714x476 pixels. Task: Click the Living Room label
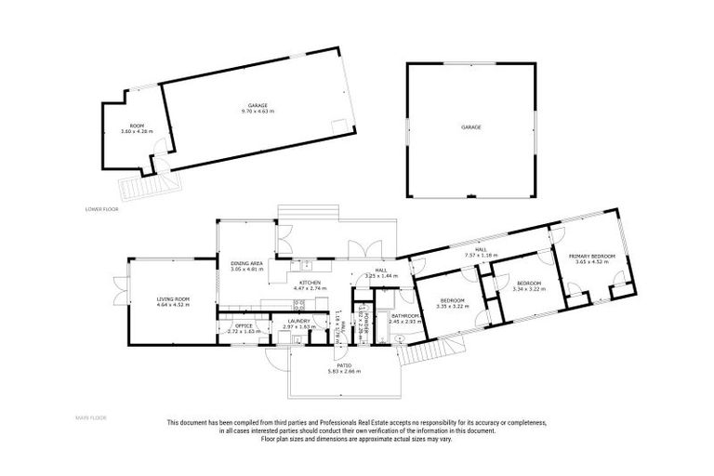tap(173, 299)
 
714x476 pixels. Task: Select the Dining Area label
tap(246, 264)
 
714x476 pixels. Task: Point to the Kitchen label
tap(311, 282)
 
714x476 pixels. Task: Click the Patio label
tap(344, 366)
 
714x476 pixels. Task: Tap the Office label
tap(245, 325)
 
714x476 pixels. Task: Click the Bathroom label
tap(406, 316)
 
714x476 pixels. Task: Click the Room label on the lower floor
tap(137, 126)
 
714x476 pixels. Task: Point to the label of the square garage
tap(471, 126)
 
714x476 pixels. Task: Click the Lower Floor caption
tap(101, 209)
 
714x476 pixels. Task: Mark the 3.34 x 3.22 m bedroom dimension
tap(528, 288)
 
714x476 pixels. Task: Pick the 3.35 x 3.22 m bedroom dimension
tap(453, 304)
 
